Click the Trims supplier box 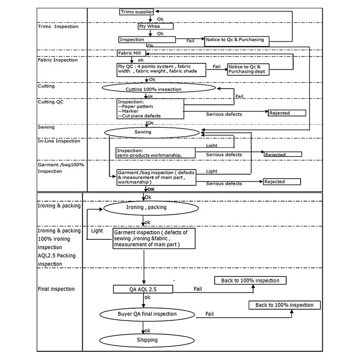pyautogui.click(x=137, y=11)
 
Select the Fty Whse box pyautogui.click(x=149, y=27)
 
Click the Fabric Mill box pyautogui.click(x=130, y=53)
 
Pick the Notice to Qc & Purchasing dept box pyautogui.click(x=250, y=69)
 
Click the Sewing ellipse pyautogui.click(x=152, y=132)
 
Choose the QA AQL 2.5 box pyautogui.click(x=143, y=289)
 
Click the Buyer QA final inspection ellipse pyautogui.click(x=148, y=314)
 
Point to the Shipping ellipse pyautogui.click(x=147, y=340)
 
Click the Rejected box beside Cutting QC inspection pyautogui.click(x=287, y=113)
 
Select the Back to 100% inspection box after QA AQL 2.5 pyautogui.click(x=250, y=280)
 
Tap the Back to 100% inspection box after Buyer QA pyautogui.click(x=284, y=305)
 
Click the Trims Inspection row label pyautogui.click(x=58, y=27)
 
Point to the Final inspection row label pyautogui.click(x=56, y=289)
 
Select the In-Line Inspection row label pyautogui.click(x=58, y=141)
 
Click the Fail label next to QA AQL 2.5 pyautogui.click(x=198, y=289)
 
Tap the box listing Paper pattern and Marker pyautogui.click(x=150, y=108)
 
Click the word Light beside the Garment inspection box pyautogui.click(x=97, y=231)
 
